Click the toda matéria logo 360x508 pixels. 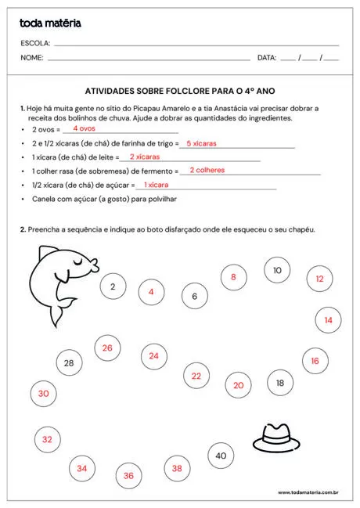(x=51, y=23)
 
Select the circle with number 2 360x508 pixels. (x=113, y=287)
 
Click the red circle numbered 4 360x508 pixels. (x=151, y=293)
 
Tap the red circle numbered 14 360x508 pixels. (x=328, y=320)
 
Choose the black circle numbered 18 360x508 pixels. (x=280, y=383)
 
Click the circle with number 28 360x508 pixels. (x=69, y=362)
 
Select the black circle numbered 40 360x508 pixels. (x=221, y=456)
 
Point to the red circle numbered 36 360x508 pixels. (x=128, y=475)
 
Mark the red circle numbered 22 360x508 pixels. (x=196, y=376)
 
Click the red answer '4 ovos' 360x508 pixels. (x=84, y=128)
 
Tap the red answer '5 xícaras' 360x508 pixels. (x=201, y=143)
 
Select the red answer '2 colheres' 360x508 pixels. (x=207, y=170)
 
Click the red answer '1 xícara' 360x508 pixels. (x=156, y=185)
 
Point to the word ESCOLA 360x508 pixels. (x=35, y=43)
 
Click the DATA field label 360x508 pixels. (x=267, y=58)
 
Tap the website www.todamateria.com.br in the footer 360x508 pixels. (x=308, y=493)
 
